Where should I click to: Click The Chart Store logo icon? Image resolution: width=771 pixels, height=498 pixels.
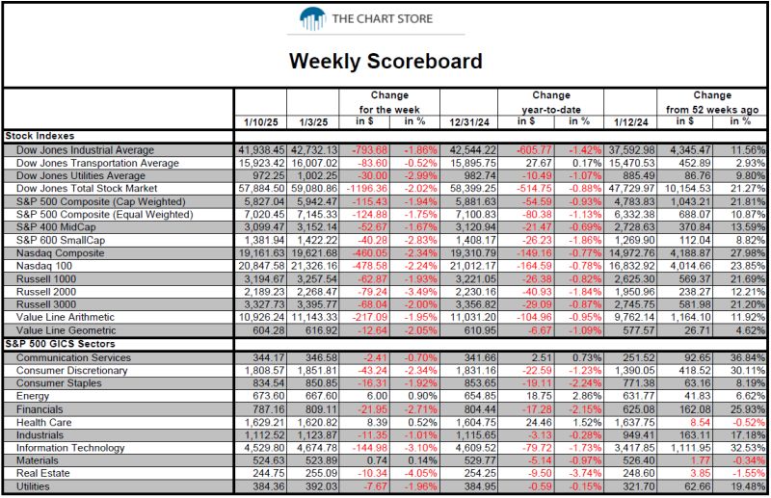[x=312, y=18]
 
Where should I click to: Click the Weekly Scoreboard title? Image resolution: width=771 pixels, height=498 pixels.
[x=385, y=61]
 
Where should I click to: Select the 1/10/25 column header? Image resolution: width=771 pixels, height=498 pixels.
[x=260, y=122]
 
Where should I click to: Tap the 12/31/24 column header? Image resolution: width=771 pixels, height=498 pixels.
[x=469, y=122]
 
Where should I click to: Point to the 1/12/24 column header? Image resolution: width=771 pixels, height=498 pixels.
[x=631, y=122]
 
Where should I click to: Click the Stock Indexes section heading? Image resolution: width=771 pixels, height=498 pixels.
[x=40, y=136]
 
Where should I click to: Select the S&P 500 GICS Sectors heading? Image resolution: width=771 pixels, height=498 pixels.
[x=60, y=344]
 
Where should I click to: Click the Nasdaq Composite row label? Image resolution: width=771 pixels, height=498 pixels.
[x=60, y=253]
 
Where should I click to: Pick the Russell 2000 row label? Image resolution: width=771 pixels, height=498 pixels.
[x=46, y=292]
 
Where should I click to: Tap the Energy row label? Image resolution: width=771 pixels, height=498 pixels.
[x=33, y=396]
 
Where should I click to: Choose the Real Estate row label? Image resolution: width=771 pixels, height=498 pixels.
[x=42, y=473]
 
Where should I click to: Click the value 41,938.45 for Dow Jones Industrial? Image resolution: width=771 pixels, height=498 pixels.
[x=261, y=150]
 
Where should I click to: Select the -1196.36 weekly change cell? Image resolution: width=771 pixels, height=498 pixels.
[x=366, y=189]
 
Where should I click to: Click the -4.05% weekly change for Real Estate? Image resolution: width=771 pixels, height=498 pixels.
[x=420, y=473]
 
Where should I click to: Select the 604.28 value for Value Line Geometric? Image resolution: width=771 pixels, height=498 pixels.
[x=269, y=330]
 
